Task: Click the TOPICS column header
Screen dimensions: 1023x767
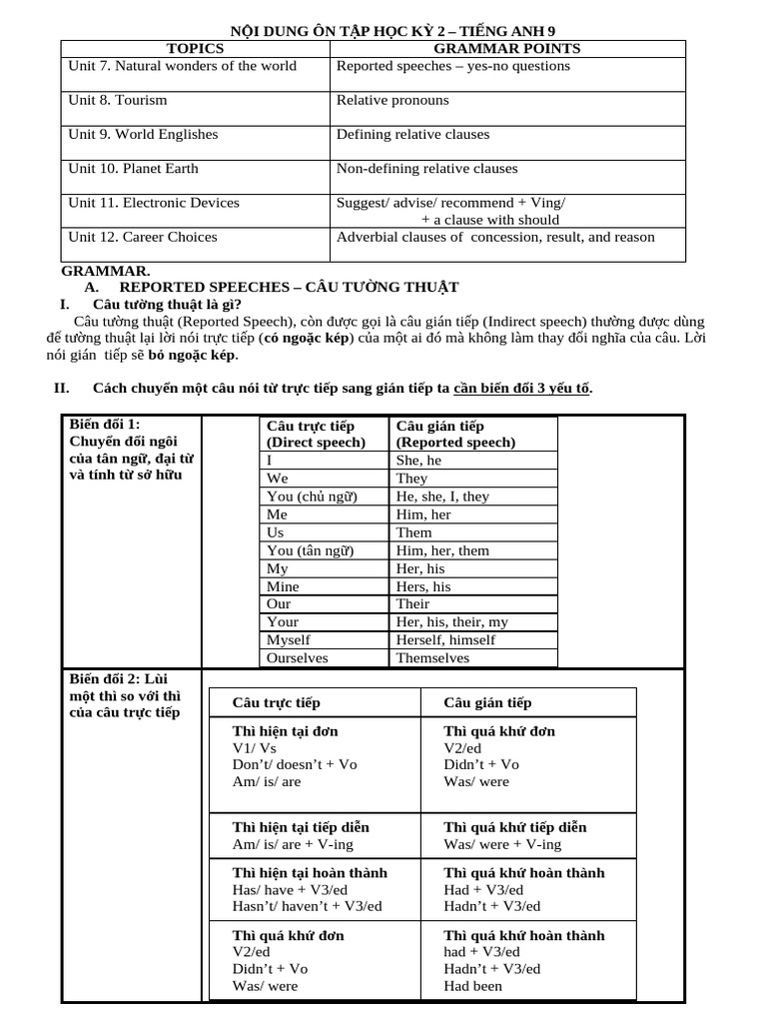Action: [196, 48]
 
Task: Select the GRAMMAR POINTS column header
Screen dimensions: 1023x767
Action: [507, 48]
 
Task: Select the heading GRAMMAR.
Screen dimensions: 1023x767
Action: [106, 271]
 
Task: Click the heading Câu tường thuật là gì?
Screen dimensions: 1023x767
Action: [167, 304]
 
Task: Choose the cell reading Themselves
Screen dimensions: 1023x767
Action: [432, 658]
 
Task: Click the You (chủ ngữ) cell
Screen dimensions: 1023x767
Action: [312, 497]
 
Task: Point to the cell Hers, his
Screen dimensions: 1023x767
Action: [423, 586]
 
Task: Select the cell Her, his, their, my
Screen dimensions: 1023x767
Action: [451, 622]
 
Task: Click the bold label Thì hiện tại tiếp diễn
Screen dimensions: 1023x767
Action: [301, 827]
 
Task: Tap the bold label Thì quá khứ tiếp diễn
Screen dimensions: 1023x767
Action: [515, 827]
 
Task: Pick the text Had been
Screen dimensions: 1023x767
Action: [473, 986]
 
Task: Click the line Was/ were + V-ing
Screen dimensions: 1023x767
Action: [502, 844]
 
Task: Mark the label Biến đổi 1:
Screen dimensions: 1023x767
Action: [105, 425]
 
